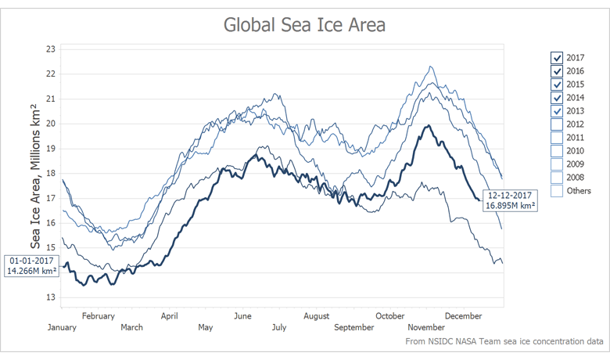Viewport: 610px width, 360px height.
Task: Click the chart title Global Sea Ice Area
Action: tap(304, 25)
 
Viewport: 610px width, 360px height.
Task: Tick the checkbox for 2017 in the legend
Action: tap(557, 58)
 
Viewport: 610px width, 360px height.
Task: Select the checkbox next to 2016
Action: tap(557, 71)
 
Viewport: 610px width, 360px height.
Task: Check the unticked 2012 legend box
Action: tap(557, 124)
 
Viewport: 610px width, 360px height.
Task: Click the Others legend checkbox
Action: tap(557, 191)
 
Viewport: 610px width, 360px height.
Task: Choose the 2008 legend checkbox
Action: tap(557, 178)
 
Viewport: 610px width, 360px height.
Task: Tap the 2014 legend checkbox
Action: tap(557, 98)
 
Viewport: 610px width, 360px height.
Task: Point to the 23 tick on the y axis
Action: tap(51, 49)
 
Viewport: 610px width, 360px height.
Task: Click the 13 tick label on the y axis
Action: tap(51, 297)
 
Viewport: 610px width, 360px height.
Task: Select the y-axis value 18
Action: tap(51, 173)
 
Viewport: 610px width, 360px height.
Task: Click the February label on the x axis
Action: tap(98, 316)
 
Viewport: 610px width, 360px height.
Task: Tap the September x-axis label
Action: tap(354, 327)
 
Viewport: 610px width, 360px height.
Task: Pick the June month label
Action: tap(242, 316)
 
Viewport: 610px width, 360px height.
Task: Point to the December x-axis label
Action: tap(463, 316)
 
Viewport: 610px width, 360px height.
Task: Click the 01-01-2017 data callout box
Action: tap(31, 265)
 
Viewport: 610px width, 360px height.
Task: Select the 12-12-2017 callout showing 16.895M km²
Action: tap(510, 200)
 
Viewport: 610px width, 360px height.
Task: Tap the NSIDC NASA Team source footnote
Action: tap(504, 342)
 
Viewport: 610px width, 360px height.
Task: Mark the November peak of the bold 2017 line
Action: tap(427, 126)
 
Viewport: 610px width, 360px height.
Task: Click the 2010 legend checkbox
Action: tap(557, 151)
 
